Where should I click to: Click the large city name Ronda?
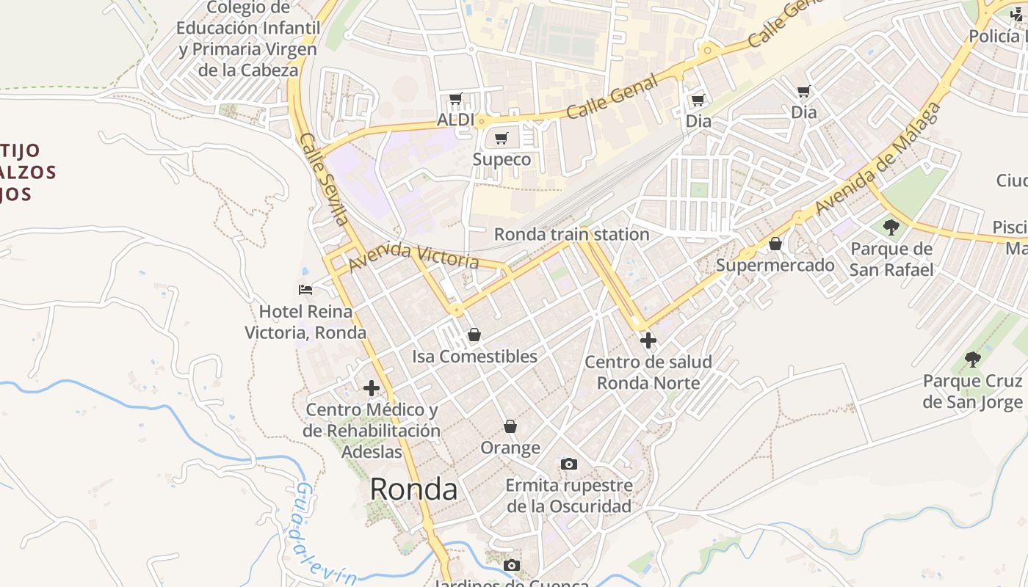413,489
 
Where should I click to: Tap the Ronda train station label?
571,234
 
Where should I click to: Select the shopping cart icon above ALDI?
455,98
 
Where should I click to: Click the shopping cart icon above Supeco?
502,138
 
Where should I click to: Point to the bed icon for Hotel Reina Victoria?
305,290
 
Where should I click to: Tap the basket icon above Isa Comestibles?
474,335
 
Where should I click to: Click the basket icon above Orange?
510,426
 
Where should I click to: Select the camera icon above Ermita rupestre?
568,464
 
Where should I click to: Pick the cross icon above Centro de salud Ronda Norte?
648,340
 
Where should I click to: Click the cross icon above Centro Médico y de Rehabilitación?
372,387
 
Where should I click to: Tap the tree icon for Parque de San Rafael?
891,227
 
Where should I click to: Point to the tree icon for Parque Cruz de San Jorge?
972,360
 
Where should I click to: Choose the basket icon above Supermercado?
775,244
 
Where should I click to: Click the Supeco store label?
502,159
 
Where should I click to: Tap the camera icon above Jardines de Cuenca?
512,565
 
